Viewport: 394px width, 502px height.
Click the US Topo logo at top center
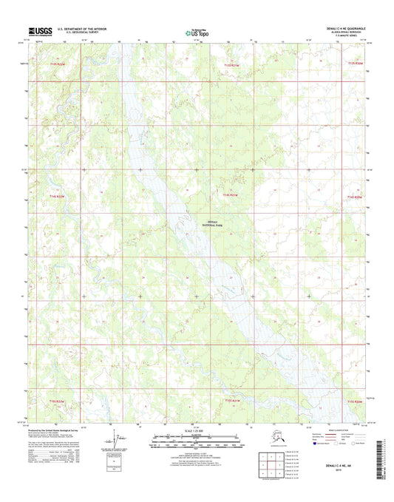197,32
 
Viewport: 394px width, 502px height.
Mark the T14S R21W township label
230,195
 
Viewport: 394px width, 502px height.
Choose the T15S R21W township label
231,400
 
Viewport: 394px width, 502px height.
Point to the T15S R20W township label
355,401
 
